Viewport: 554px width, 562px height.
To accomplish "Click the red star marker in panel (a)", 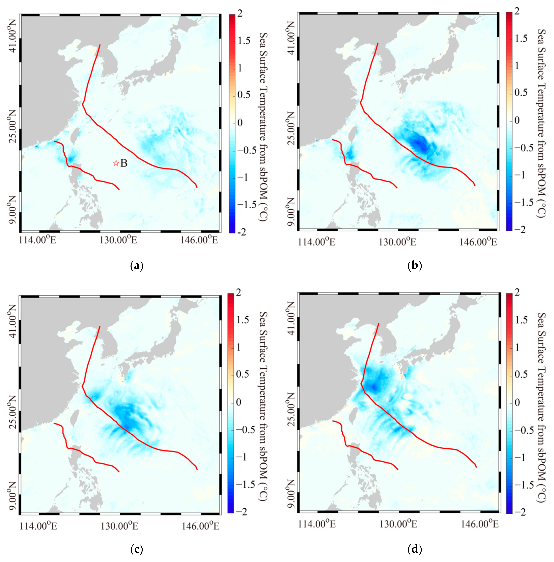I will (116, 163).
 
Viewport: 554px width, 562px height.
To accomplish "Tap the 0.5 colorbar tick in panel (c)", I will (243, 374).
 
